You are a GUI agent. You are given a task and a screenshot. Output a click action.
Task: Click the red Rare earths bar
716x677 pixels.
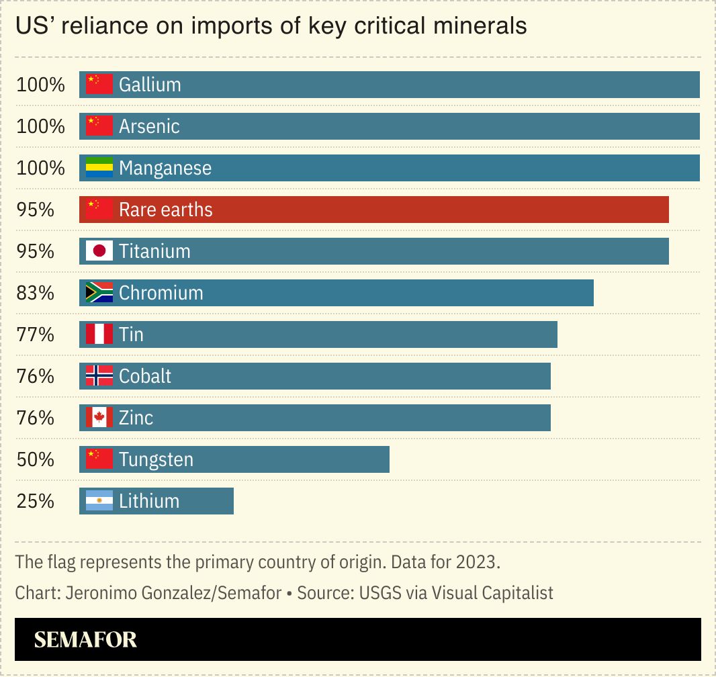coord(373,210)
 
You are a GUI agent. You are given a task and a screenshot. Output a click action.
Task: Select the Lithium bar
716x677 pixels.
coord(156,501)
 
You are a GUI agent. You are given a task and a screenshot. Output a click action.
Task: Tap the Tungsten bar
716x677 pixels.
coord(234,459)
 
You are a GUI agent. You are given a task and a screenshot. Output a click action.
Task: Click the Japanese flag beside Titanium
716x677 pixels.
coord(99,251)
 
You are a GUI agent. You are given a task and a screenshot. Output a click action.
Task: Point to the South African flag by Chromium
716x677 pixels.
coord(99,293)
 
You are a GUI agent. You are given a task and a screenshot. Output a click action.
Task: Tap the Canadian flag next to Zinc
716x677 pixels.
coord(99,418)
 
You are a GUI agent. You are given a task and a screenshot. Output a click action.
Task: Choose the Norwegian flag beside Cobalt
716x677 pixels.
coord(99,376)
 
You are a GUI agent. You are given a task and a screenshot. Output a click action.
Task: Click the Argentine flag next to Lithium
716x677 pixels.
coord(99,501)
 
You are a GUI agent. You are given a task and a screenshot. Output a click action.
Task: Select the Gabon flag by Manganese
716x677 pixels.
coord(99,168)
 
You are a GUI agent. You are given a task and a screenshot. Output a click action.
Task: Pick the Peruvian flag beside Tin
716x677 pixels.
coord(99,334)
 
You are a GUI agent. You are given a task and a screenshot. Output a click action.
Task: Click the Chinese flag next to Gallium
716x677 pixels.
coord(99,85)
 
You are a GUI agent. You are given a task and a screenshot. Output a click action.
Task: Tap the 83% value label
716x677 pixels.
coord(35,293)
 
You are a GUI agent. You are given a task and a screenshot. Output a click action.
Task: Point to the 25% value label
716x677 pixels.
coord(35,501)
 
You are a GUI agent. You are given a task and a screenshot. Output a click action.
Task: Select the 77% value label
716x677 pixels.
coord(35,334)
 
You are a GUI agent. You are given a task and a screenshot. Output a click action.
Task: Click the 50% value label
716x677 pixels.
coord(35,459)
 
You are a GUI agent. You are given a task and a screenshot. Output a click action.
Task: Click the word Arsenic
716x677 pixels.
coord(149,126)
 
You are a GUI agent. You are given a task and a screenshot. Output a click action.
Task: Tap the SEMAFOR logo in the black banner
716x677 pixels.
coord(85,639)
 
